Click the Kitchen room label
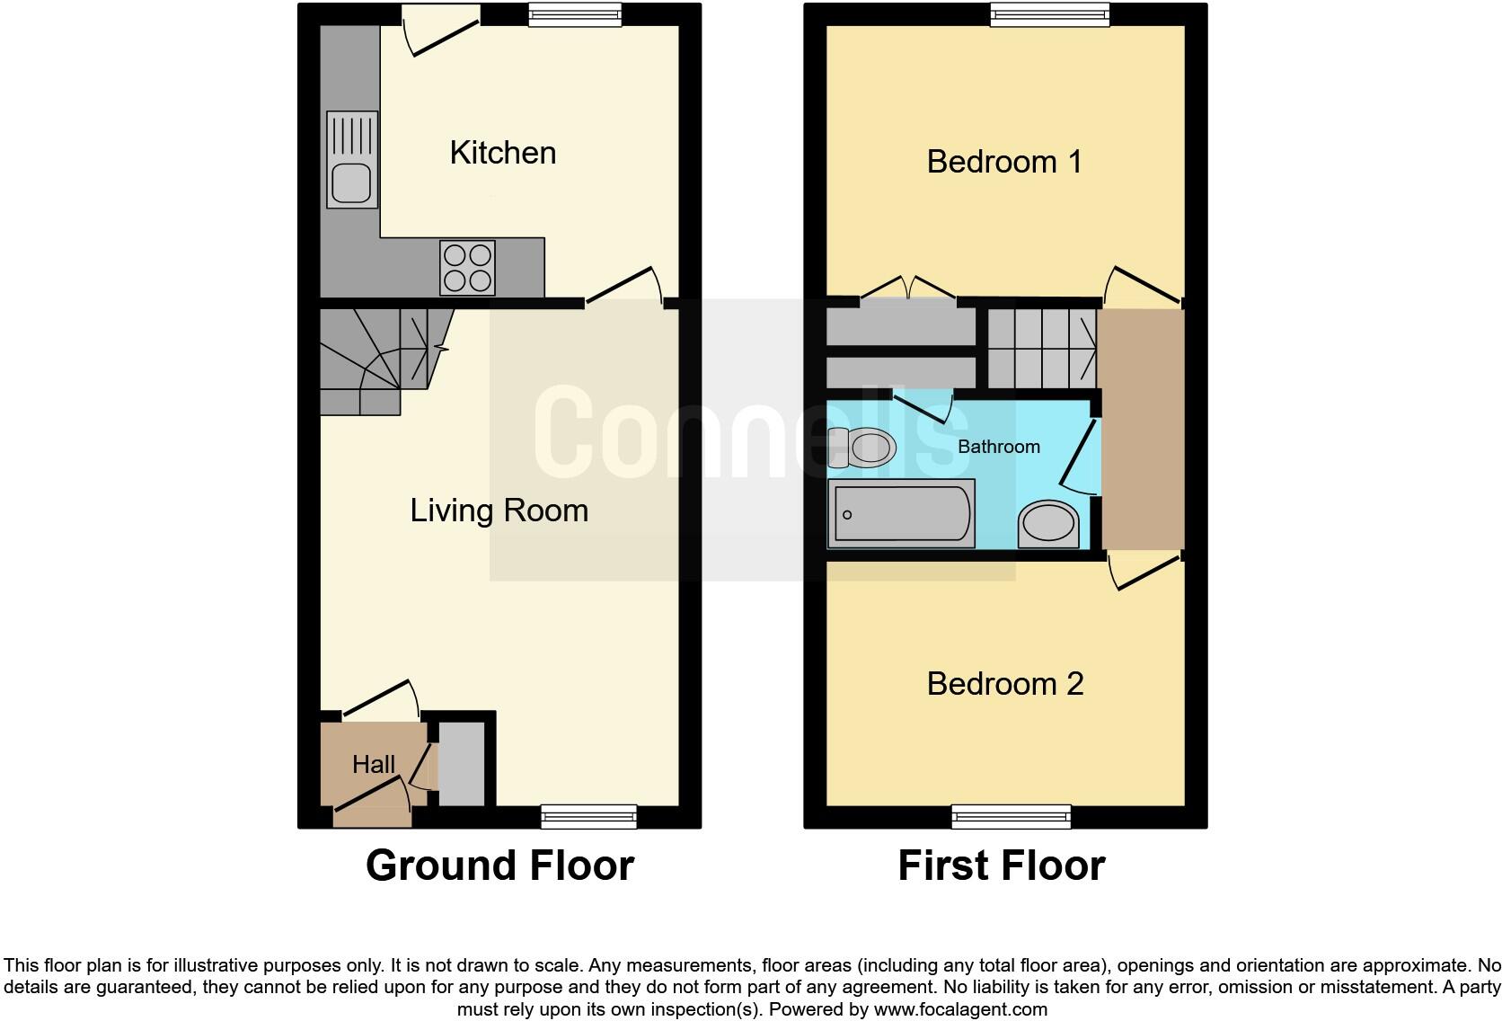pos(503,153)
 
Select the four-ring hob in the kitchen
pos(467,267)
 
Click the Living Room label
pos(499,511)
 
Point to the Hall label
pos(374,764)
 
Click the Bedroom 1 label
pos(1004,162)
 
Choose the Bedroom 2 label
pos(1005,684)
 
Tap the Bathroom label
pos(999,447)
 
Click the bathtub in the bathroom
pos(901,514)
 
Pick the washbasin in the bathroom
pos(1048,525)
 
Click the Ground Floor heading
pos(499,866)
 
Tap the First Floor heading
pos(1002,866)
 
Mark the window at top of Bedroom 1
pos(1050,14)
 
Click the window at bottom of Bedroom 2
pos(1012,816)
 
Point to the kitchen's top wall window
pos(575,14)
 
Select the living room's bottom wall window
pos(589,816)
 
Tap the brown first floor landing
pos(1143,429)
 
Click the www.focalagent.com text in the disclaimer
pos(960,1009)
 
